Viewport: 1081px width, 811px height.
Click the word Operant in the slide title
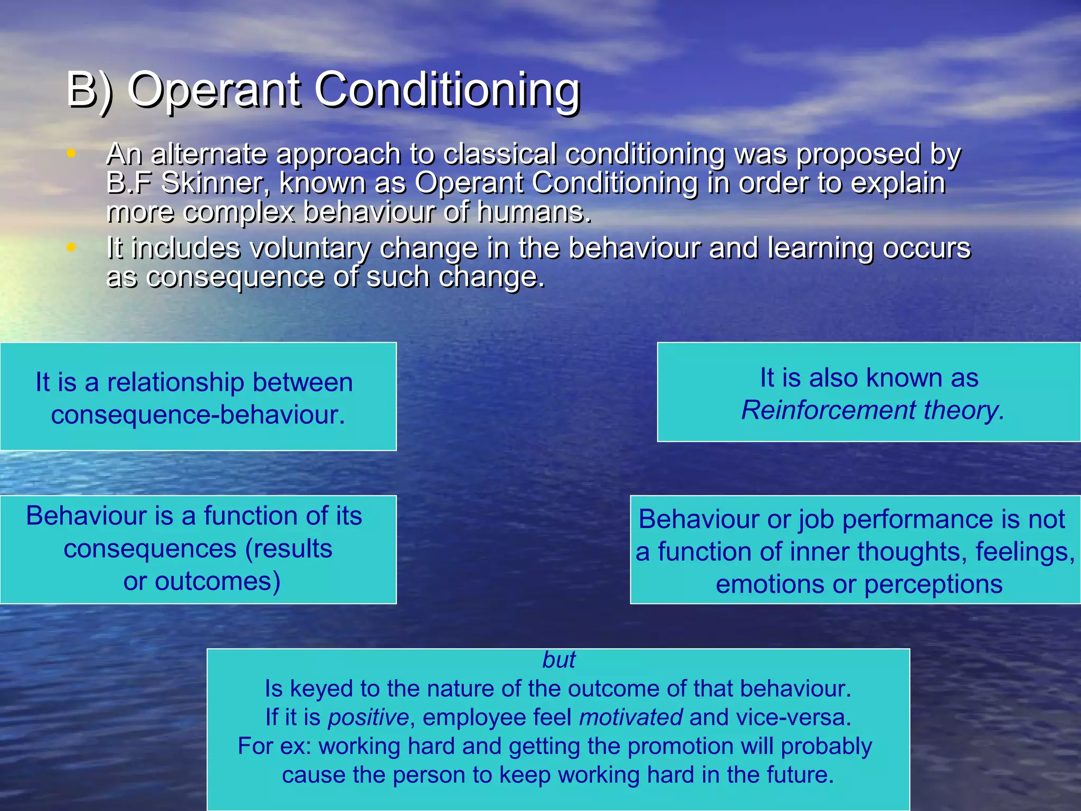pyautogui.click(x=214, y=90)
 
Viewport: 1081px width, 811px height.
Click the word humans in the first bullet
pyautogui.click(x=533, y=212)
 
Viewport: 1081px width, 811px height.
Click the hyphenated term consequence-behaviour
pyautogui.click(x=198, y=414)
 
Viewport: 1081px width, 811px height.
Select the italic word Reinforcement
pyautogui.click(x=829, y=410)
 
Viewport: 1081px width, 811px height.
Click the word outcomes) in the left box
pyautogui.click(x=202, y=581)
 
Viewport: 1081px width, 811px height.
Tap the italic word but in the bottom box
pyautogui.click(x=558, y=660)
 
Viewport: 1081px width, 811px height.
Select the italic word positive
pyautogui.click(x=368, y=718)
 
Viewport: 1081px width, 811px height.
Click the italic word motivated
pyautogui.click(x=631, y=718)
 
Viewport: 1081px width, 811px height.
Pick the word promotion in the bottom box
pyautogui.click(x=680, y=746)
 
